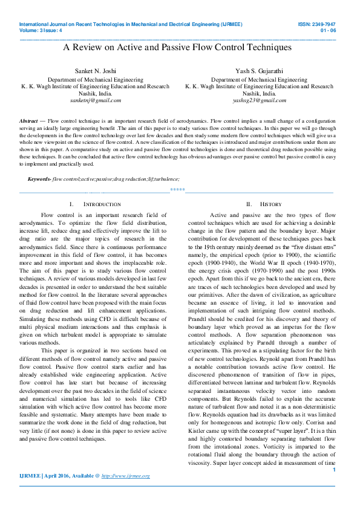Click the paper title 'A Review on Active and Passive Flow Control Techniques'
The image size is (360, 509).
tap(177, 47)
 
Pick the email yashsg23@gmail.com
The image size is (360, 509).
tap(259, 100)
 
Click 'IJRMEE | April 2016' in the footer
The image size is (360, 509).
tap(46, 476)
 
